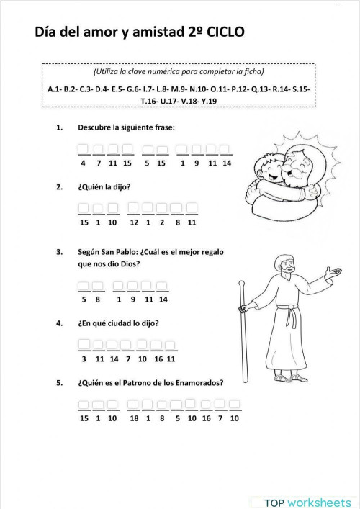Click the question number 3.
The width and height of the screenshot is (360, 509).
[x=58, y=253]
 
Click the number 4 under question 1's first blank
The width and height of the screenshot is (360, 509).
[x=84, y=163]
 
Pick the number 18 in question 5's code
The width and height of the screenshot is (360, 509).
[x=134, y=418]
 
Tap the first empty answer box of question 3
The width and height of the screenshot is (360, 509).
[x=84, y=287]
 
